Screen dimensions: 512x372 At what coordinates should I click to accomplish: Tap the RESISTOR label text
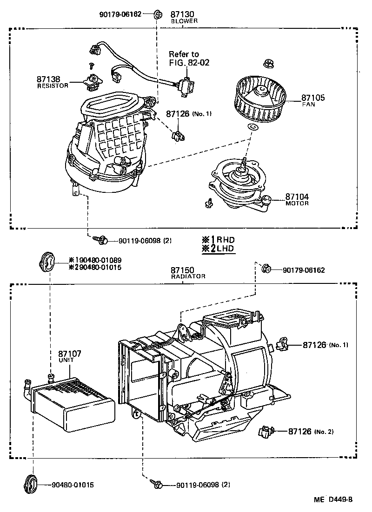pyautogui.click(x=53, y=86)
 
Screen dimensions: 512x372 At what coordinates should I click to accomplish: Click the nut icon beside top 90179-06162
pyautogui.click(x=157, y=14)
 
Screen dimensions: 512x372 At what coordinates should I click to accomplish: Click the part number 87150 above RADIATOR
pyautogui.click(x=181, y=270)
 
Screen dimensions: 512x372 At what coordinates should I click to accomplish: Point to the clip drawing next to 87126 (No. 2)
pyautogui.click(x=265, y=432)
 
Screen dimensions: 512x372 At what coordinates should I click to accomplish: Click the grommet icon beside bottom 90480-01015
pyautogui.click(x=29, y=484)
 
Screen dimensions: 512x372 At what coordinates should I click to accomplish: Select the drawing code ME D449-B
pyautogui.click(x=333, y=500)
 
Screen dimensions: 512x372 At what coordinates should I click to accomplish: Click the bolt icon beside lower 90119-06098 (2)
pyautogui.click(x=157, y=485)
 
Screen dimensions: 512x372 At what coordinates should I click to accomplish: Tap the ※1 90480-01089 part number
pyautogui.click(x=95, y=260)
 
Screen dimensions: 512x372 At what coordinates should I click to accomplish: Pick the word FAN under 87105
pyautogui.click(x=308, y=105)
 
